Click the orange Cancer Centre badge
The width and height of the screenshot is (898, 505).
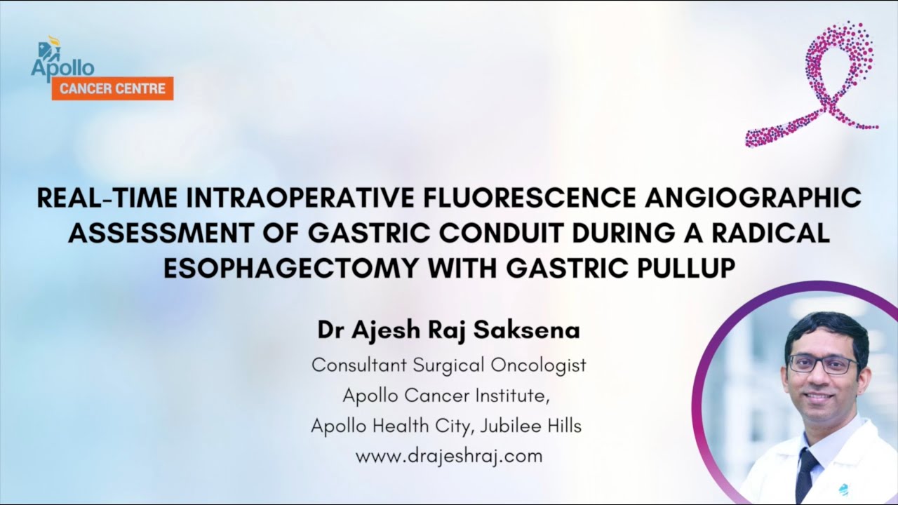coord(112,88)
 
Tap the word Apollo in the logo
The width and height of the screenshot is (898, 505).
coord(62,68)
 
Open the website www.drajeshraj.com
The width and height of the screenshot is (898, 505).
coord(449,456)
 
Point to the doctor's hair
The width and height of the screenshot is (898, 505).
coord(826,326)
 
